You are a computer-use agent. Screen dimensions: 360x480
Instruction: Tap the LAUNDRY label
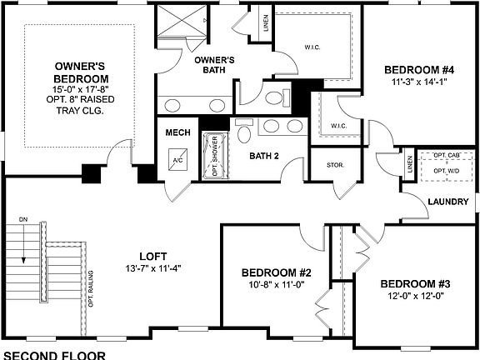452,202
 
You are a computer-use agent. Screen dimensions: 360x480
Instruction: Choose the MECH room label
178,133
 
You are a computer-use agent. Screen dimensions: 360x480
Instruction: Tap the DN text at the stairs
24,219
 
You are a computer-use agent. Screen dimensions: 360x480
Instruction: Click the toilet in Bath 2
243,132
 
